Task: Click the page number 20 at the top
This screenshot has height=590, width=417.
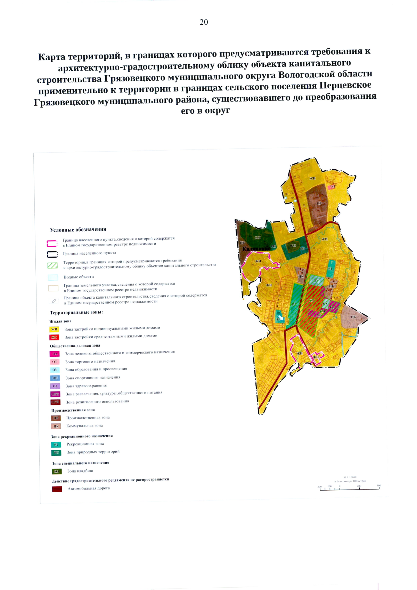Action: [x=204, y=22]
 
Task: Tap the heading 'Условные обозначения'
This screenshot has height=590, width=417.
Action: [x=78, y=229]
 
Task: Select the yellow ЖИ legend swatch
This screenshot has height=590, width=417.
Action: [x=54, y=329]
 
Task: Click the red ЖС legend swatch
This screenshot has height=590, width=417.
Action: [x=54, y=337]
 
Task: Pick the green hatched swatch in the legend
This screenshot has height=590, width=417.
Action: [x=52, y=266]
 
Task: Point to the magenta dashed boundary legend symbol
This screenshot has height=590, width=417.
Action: [x=52, y=243]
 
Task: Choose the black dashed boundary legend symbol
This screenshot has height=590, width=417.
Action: [x=52, y=254]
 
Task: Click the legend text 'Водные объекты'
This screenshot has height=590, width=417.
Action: [x=79, y=277]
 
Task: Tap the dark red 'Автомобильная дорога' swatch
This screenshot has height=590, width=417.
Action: [x=57, y=489]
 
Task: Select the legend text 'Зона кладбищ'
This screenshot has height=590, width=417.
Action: [x=80, y=471]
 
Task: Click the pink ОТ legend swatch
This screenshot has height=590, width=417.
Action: [x=55, y=362]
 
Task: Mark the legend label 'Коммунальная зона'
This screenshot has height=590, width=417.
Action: [x=84, y=426]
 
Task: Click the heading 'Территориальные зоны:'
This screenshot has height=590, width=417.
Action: [x=76, y=313]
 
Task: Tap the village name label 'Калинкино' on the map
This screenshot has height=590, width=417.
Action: [x=256, y=249]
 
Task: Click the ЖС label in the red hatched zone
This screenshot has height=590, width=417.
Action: [x=312, y=301]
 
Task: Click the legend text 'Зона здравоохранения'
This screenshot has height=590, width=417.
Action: [x=86, y=386]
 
